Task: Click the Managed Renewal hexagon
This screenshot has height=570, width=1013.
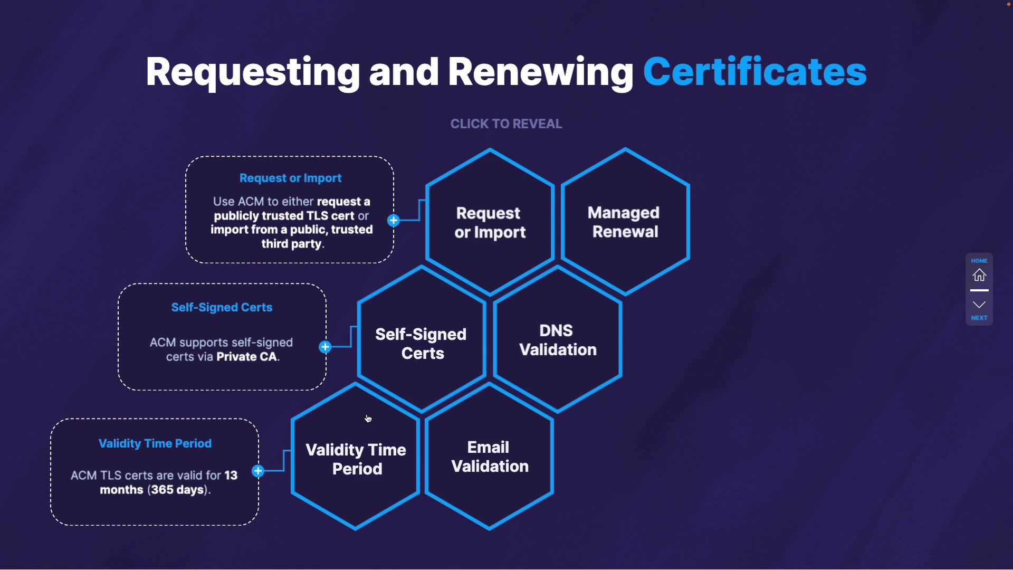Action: pos(625,222)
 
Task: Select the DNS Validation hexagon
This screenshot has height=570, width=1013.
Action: pos(558,340)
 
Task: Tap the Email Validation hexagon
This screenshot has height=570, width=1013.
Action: pos(490,457)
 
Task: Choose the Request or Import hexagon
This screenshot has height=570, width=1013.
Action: pos(490,223)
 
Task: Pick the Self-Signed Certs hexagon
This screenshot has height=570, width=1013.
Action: pos(421,344)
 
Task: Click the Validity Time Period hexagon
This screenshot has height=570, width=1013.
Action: pos(356,459)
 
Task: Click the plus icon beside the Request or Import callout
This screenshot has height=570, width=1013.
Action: pos(394,221)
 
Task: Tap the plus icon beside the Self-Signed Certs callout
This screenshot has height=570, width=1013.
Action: pos(325,347)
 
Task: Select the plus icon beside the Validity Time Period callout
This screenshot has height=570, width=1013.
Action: pos(258,471)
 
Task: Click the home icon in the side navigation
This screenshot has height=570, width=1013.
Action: pos(979,275)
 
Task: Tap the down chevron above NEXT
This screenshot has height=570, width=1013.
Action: pos(979,305)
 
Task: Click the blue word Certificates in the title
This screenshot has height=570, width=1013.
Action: pos(754,72)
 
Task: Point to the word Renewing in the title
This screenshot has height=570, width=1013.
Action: pos(540,72)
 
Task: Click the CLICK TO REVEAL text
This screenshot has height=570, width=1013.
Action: pos(506,124)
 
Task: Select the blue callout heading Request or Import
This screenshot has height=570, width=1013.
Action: pos(290,178)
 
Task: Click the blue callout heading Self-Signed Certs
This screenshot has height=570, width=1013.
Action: pos(222,308)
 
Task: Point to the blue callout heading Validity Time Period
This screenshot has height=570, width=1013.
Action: pos(155,444)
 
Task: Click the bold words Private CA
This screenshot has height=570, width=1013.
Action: pos(247,357)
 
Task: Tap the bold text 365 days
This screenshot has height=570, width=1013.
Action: pos(177,490)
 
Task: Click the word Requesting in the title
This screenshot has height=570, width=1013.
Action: pos(253,72)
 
